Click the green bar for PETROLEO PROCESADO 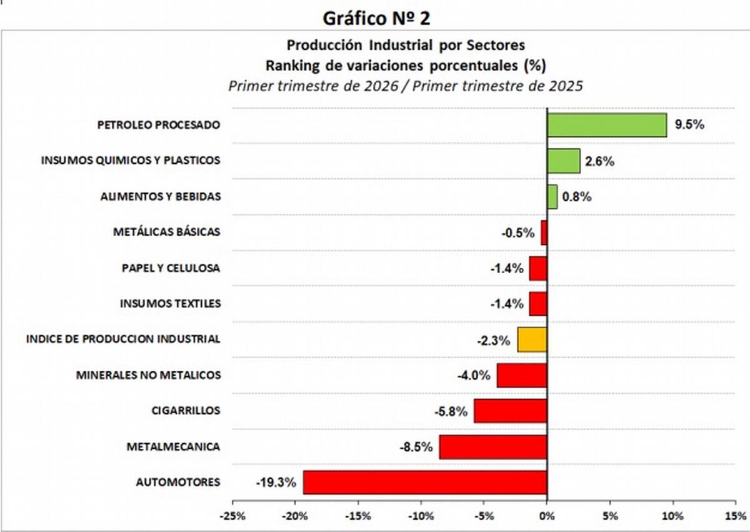coord(606,125)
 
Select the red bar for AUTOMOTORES coord(425,483)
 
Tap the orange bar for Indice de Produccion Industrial coord(532,339)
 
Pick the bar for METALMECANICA coord(492,447)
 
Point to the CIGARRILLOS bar coord(510,411)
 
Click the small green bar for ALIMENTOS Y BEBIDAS coord(552,196)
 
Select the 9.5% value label coord(689,124)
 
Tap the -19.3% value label coord(275,483)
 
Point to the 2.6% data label coord(599,161)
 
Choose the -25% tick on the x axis coord(232,516)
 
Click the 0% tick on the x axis coord(547,516)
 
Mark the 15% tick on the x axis coord(736,516)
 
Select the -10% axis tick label coord(421,516)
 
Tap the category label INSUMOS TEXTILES coord(170,304)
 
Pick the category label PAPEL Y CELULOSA coord(171,268)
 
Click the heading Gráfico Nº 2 coord(376,18)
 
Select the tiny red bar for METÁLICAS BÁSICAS coord(544,233)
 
